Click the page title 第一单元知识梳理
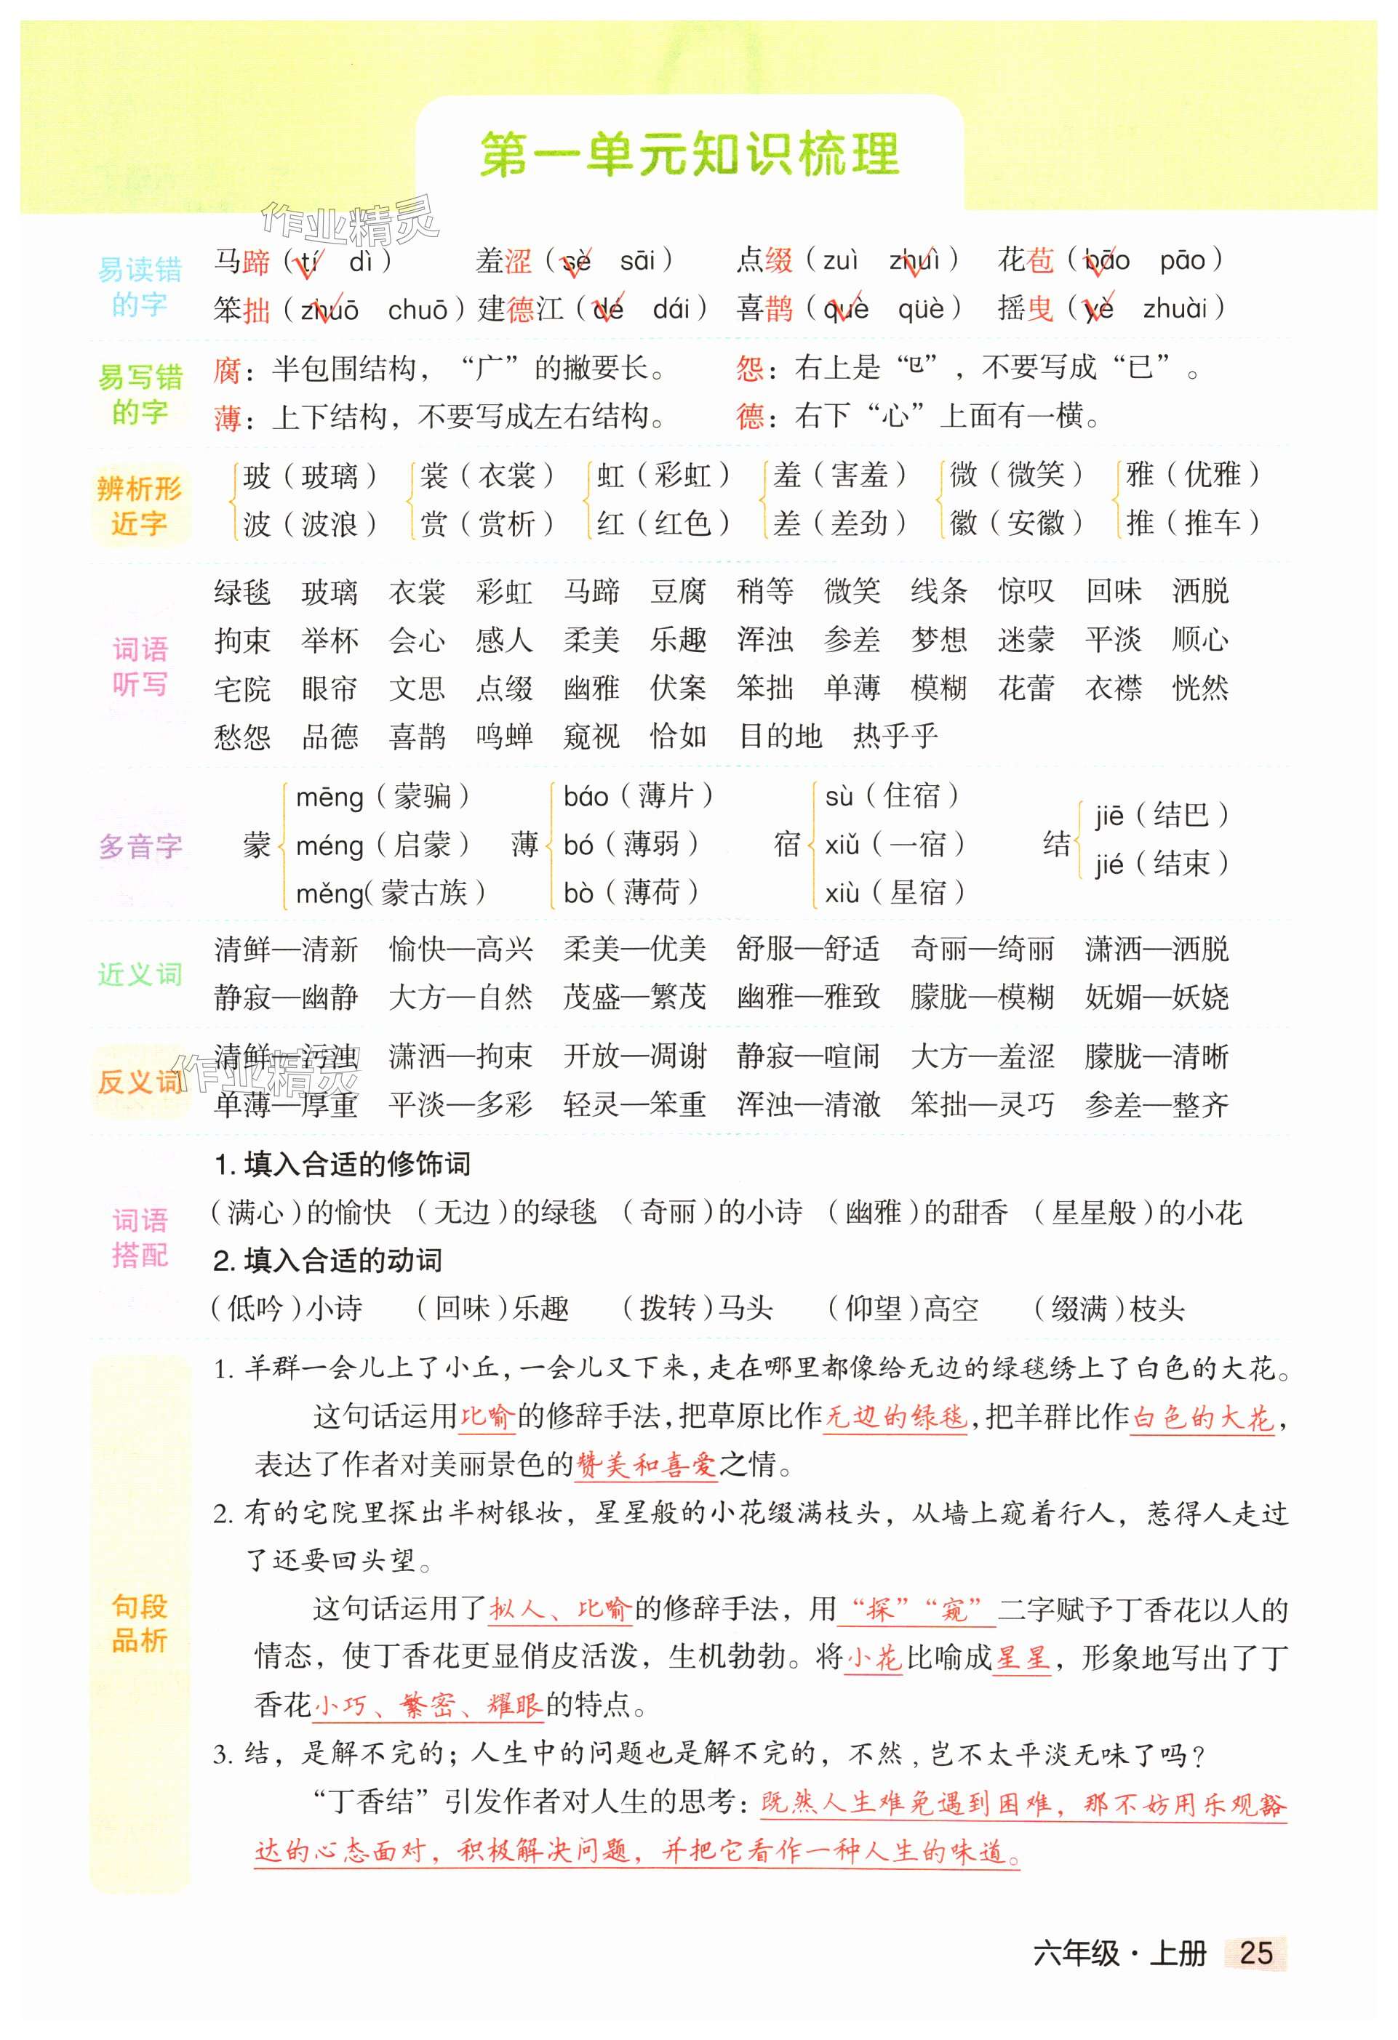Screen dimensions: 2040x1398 point(690,156)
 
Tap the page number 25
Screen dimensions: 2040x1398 point(1255,1952)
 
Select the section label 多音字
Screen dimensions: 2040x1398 point(140,847)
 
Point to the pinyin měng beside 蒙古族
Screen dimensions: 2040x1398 point(329,894)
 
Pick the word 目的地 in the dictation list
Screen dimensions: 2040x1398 point(780,736)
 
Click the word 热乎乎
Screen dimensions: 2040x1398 point(895,736)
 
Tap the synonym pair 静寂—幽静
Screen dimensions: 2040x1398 point(285,997)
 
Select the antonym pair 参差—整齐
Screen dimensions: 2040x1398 point(1156,1104)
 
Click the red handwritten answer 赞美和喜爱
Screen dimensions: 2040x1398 point(645,1464)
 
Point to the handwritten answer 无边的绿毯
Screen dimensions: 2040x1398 point(895,1417)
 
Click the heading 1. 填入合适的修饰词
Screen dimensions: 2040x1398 point(343,1164)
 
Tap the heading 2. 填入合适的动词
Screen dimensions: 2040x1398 point(327,1261)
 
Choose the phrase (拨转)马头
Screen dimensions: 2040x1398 point(698,1309)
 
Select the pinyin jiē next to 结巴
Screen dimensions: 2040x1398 point(1109,816)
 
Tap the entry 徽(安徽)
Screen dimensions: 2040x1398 point(1015,523)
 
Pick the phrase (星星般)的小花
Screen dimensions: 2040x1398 point(1137,1212)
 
